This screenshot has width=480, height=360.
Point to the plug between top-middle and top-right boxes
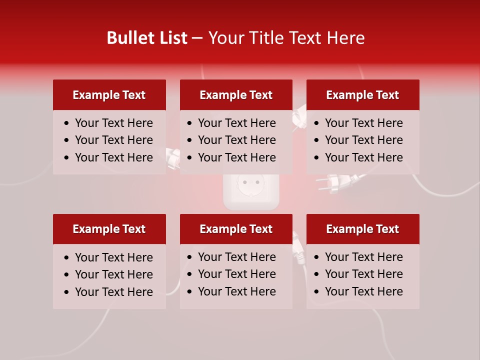[x=299, y=118]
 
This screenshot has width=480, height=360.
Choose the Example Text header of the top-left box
[x=109, y=95]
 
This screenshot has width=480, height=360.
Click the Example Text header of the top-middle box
[x=236, y=95]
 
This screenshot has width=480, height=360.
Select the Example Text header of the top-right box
[x=362, y=95]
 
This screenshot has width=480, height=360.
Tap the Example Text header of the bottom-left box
[x=109, y=229]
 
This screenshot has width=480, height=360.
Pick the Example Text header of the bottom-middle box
[x=236, y=229]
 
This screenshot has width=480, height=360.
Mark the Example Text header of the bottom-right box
[x=362, y=229]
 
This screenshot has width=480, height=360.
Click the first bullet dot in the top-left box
[x=67, y=123]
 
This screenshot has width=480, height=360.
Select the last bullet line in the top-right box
[x=363, y=157]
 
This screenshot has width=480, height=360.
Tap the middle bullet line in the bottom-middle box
[x=236, y=274]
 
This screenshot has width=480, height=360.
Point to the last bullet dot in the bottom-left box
[x=67, y=292]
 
